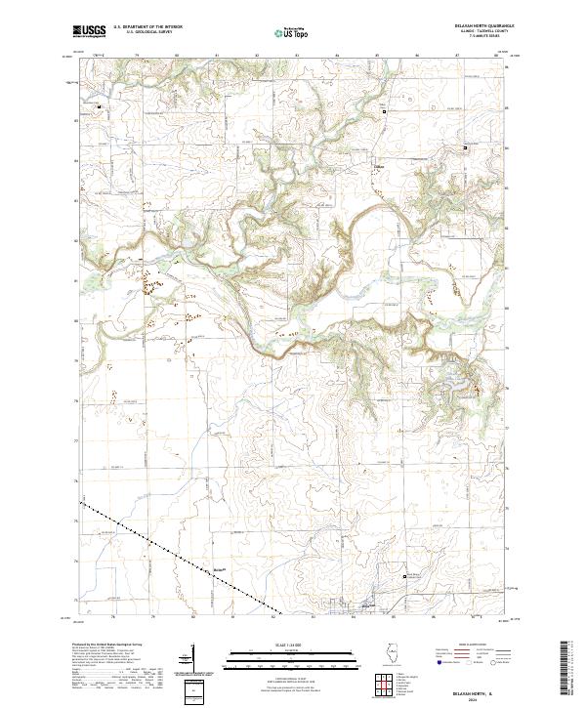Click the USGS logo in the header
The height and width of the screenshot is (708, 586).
pos(89,32)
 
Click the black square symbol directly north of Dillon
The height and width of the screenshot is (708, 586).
pos(384,111)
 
